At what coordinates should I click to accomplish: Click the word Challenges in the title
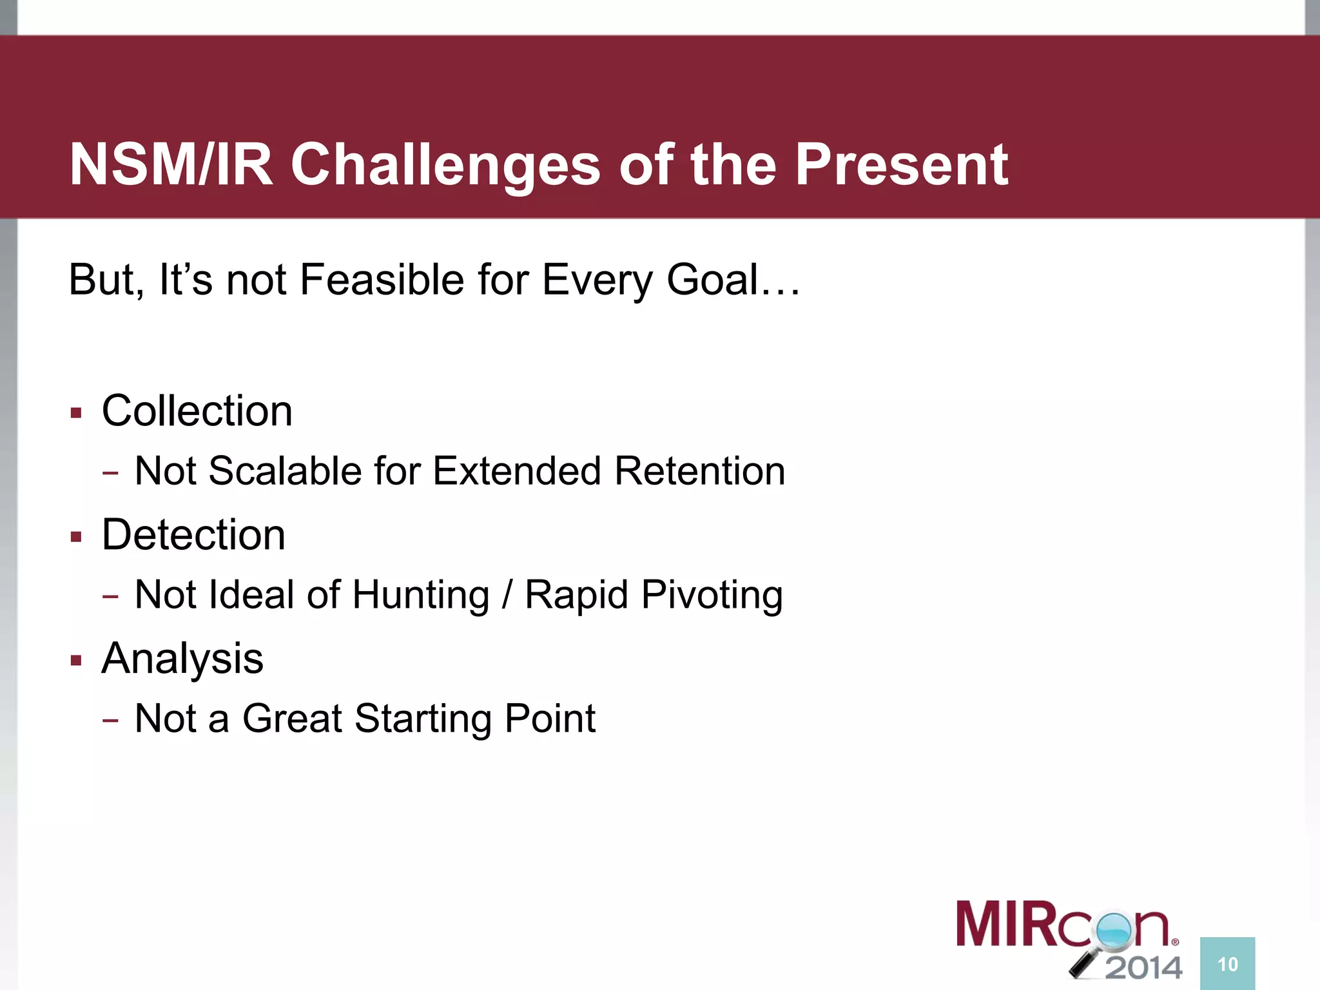(445, 165)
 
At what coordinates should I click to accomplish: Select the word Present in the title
(901, 165)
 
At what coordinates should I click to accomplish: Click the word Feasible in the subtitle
(382, 280)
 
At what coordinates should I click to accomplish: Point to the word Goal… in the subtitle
(733, 280)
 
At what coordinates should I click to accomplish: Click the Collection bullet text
(197, 411)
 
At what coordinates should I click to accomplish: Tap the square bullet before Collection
(77, 412)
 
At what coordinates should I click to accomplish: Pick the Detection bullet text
(193, 534)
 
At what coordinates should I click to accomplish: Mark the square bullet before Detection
(77, 536)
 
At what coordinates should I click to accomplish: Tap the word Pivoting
(712, 594)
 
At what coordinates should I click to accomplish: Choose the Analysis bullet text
(182, 659)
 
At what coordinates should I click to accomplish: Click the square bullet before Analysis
(77, 661)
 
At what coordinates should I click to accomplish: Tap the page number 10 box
(1227, 964)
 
